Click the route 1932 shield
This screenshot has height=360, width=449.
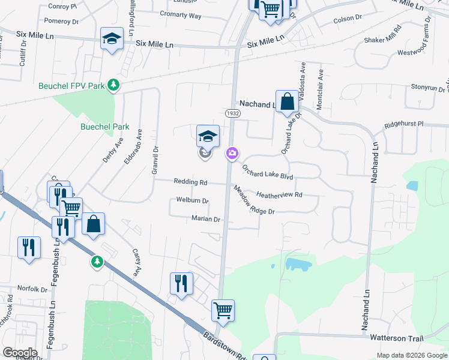[x=233, y=113]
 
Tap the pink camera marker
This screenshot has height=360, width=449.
[x=232, y=154]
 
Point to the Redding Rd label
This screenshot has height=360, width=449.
[x=190, y=182]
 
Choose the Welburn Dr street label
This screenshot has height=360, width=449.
[x=192, y=200]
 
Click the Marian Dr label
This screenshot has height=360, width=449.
[x=206, y=219]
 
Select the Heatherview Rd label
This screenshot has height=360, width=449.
[x=279, y=194]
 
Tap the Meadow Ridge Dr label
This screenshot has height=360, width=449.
[x=254, y=199]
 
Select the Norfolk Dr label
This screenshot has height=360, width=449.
[x=32, y=289]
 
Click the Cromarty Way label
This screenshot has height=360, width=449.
[x=181, y=16]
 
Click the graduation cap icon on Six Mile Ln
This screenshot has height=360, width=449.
[x=112, y=39]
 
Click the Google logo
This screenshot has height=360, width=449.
[x=20, y=353]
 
